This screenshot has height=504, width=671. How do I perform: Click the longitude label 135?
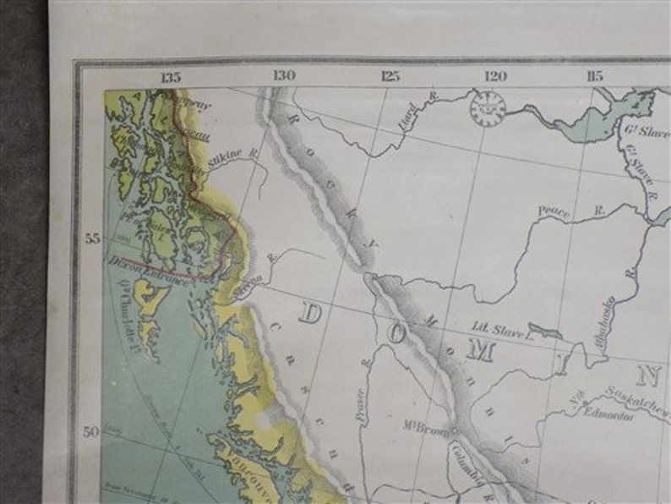(x=172, y=77)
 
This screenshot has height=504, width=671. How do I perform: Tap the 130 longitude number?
(x=283, y=76)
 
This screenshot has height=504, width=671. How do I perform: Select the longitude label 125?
(x=390, y=76)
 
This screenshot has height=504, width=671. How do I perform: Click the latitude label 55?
(x=93, y=239)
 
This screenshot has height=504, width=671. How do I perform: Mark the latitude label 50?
(x=93, y=431)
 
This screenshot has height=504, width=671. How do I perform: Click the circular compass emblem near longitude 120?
(x=488, y=108)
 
